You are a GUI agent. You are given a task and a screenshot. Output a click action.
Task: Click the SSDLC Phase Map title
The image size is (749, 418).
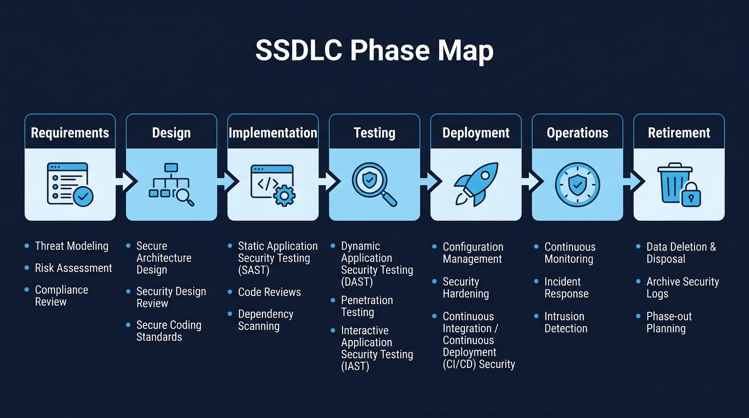[x=374, y=50]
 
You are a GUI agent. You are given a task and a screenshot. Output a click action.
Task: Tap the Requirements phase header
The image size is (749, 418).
[x=70, y=133]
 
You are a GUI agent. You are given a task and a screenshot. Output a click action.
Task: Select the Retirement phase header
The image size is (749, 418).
[x=679, y=133]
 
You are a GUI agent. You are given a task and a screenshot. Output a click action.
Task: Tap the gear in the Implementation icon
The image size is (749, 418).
[x=284, y=196]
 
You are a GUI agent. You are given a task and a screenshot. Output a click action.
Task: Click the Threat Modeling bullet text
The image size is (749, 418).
[x=72, y=246]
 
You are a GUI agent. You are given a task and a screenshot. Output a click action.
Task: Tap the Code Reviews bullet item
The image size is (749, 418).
[x=269, y=292]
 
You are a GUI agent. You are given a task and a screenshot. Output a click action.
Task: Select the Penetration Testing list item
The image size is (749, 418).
[x=367, y=306]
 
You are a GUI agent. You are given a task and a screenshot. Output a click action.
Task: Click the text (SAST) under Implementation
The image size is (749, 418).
[x=254, y=270]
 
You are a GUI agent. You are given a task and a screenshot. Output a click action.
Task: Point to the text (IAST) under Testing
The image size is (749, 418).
[x=355, y=366]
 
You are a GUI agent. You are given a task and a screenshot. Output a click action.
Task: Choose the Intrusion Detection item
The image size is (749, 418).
[x=566, y=322]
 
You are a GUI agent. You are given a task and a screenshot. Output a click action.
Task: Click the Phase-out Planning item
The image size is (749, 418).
[x=669, y=322]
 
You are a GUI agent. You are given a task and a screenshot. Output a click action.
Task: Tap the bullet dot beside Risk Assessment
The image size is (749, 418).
[x=27, y=268]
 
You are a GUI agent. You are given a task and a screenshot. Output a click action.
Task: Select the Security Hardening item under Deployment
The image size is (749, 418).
[x=465, y=287]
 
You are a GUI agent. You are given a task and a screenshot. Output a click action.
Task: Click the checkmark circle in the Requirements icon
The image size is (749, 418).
[x=83, y=196]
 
